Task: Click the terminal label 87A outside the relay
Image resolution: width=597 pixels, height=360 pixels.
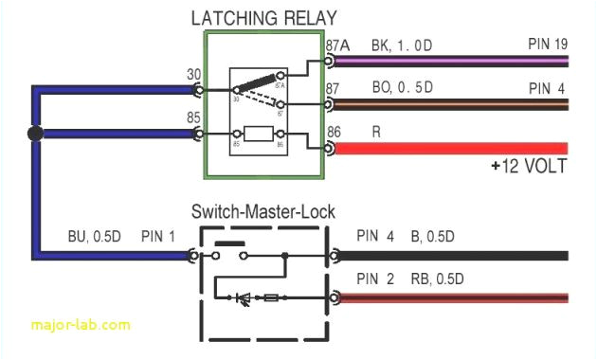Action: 336,45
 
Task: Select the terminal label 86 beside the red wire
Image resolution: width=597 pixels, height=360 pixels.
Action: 334,133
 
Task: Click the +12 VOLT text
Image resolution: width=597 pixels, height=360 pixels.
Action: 529,167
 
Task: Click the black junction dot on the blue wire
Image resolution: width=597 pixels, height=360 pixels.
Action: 35,134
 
